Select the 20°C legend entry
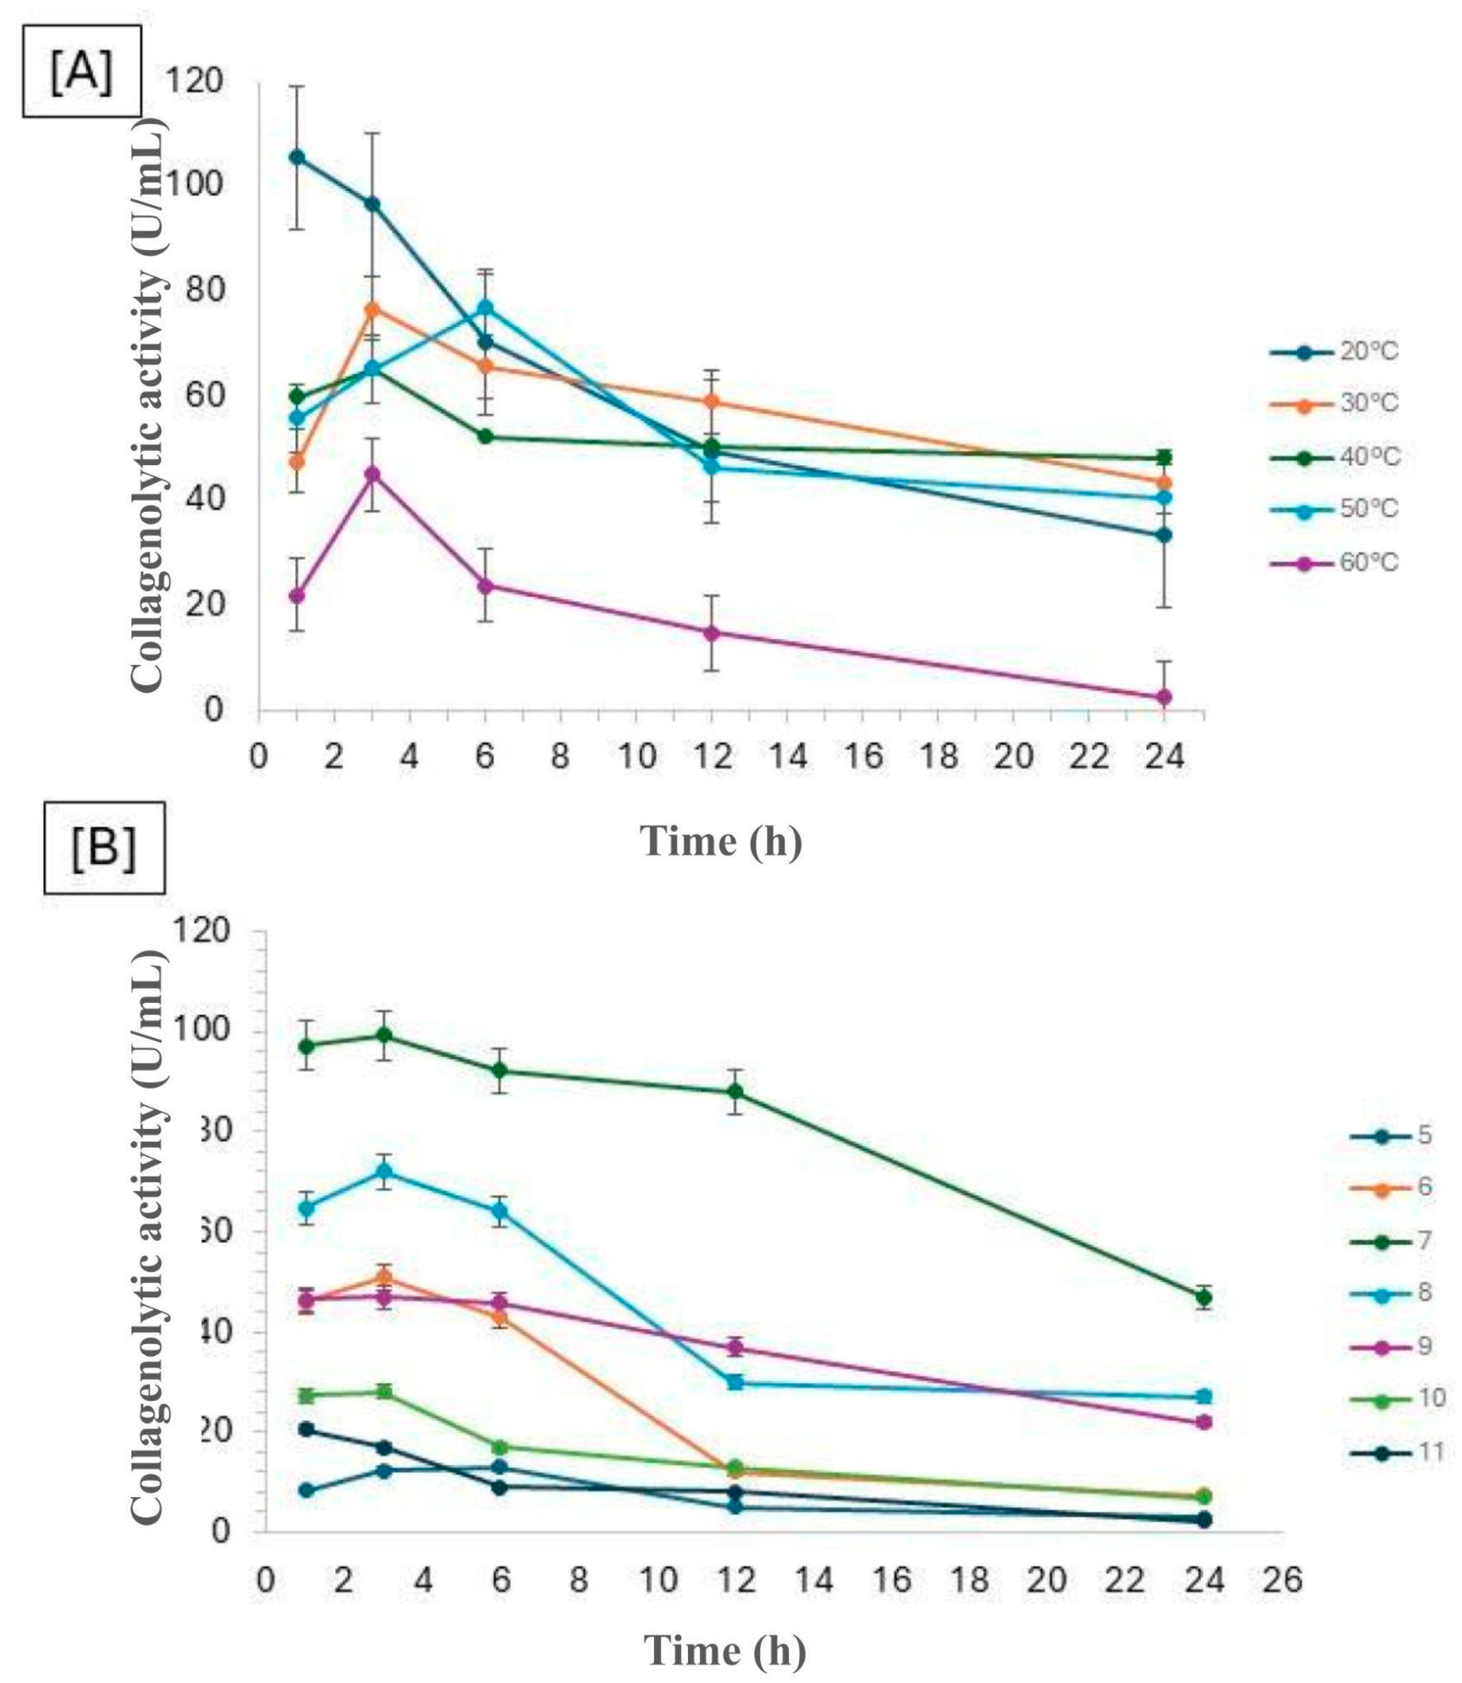[x=1334, y=352]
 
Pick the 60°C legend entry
[x=1334, y=563]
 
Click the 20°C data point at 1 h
[x=297, y=157]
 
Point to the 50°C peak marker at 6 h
[x=485, y=307]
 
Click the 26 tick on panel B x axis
[x=1283, y=1535]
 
